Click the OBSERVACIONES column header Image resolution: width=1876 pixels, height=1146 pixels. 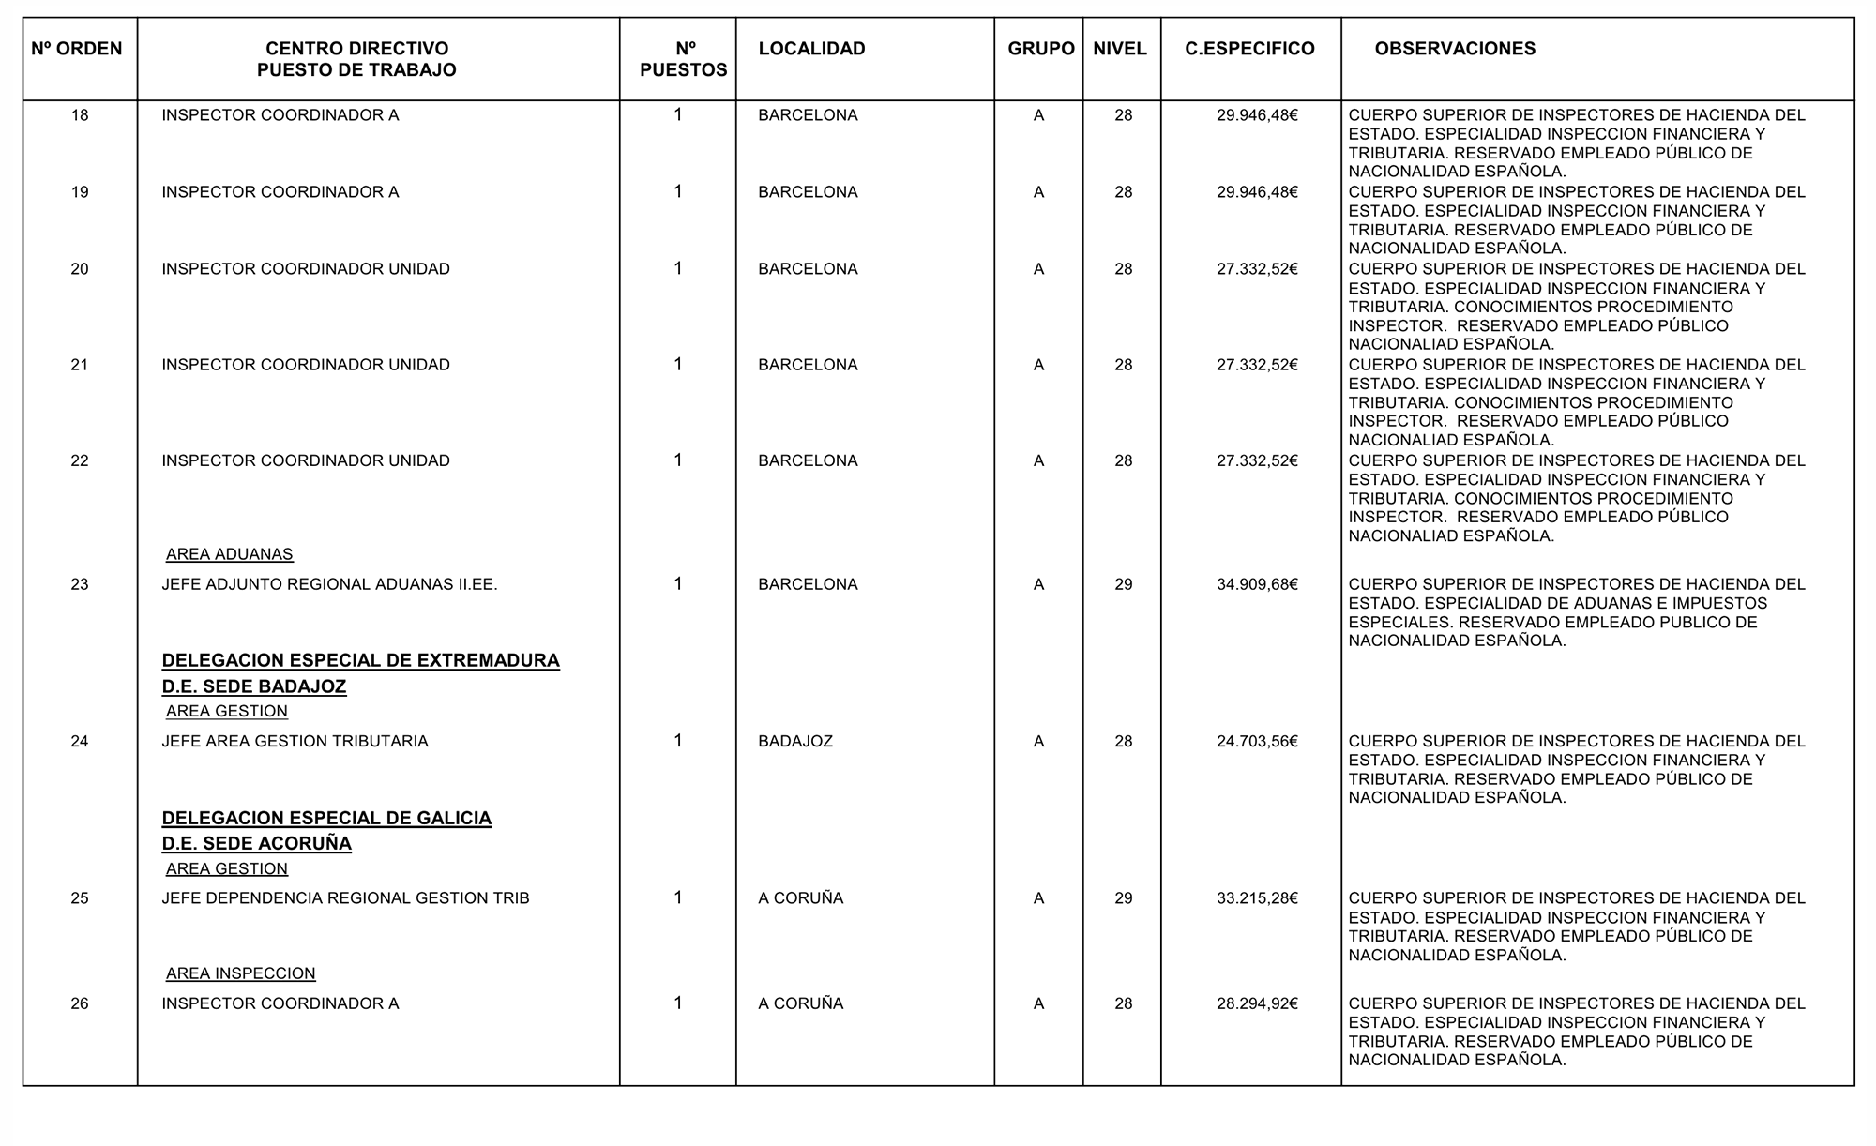[x=1454, y=49]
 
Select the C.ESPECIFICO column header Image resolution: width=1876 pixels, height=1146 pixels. [x=1249, y=49]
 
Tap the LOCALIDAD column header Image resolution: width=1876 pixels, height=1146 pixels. [x=811, y=49]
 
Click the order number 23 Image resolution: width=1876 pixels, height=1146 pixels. [x=80, y=584]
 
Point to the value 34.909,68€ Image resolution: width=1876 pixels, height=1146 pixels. [x=1257, y=584]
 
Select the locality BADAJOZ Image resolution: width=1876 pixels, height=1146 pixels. [x=795, y=741]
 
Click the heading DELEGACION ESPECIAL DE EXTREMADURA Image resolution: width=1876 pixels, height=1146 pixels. [x=360, y=660]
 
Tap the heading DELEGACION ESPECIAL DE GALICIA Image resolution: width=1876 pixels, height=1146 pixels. [x=326, y=818]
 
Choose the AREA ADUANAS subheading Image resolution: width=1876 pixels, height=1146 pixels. [x=229, y=554]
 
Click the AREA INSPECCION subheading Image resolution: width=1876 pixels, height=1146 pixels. [x=240, y=973]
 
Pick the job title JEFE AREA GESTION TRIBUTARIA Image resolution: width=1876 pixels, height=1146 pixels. [x=295, y=741]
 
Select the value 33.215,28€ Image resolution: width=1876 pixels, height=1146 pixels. [x=1257, y=897]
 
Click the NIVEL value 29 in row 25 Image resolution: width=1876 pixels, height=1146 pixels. [x=1123, y=897]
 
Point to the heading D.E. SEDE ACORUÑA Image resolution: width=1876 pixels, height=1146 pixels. [x=256, y=843]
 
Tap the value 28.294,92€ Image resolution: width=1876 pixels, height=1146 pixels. [x=1257, y=1003]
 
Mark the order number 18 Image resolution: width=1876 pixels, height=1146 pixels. [x=80, y=115]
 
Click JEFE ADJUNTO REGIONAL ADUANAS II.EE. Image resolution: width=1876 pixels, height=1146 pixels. [x=329, y=584]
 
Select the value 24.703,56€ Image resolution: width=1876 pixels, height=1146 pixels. [x=1257, y=741]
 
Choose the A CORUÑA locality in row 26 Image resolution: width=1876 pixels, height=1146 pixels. [x=800, y=1003]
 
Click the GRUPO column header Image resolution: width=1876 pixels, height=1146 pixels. [x=1040, y=49]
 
